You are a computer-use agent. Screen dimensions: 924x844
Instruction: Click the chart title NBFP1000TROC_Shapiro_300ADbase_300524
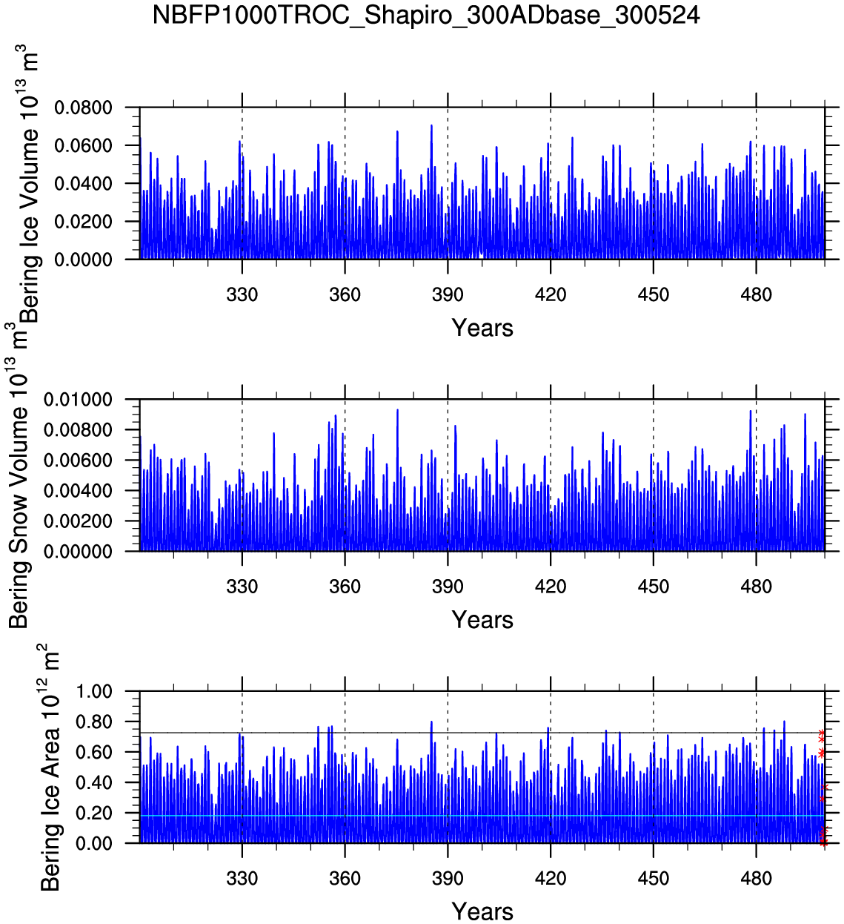425,15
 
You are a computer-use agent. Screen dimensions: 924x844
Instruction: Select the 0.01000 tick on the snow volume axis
78,400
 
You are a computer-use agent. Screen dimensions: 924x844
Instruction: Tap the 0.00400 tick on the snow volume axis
78,491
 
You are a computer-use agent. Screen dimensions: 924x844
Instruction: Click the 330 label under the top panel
242,295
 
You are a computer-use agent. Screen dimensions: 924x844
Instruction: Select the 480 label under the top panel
756,295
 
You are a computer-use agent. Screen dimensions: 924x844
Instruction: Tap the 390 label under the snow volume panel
448,587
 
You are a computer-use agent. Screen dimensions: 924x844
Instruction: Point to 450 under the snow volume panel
653,587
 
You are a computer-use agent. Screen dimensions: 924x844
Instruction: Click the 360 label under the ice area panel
345,879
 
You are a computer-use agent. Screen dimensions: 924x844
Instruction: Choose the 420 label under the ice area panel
550,879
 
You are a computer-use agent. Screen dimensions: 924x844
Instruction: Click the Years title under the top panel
482,328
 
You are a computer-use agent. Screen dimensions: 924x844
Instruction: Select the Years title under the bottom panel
482,911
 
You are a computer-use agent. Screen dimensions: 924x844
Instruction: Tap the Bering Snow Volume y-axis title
19,504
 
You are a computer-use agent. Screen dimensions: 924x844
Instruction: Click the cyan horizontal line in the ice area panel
482,816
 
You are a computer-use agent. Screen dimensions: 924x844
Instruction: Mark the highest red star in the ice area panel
821,733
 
